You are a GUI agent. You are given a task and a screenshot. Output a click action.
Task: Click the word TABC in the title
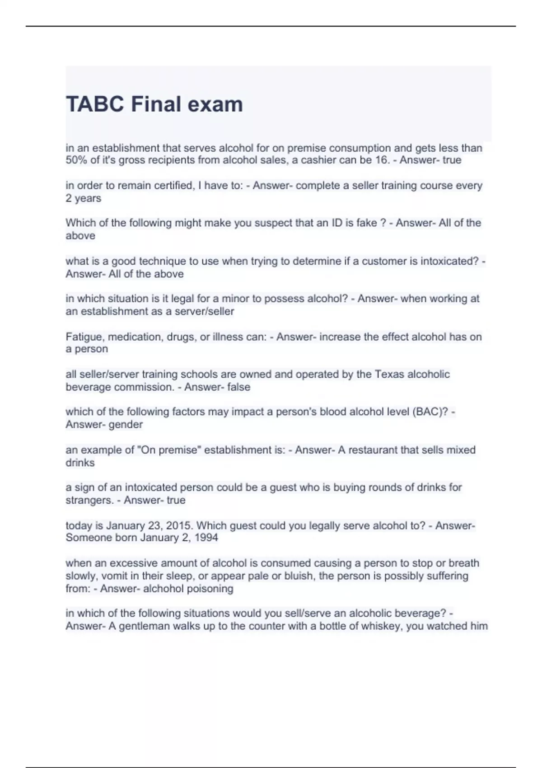[x=95, y=104]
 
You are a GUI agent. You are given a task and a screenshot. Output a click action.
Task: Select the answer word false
[x=239, y=387]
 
